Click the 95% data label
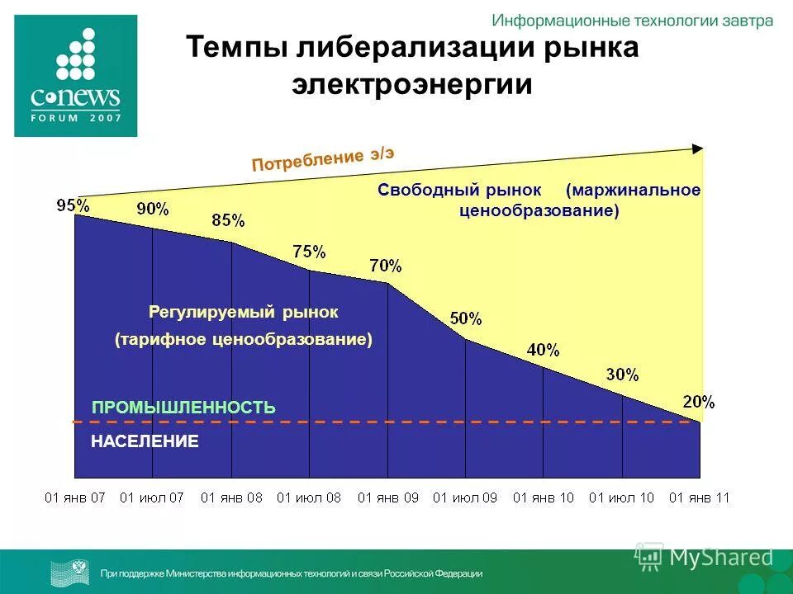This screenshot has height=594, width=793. pos(74,205)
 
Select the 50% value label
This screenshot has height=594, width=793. pos(466,318)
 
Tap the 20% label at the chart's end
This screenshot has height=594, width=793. pos(699,402)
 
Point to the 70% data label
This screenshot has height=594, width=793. pos(386,266)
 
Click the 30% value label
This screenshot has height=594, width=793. pos(622,375)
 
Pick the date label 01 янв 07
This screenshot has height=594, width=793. pos(74,497)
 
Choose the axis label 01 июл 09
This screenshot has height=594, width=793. pos(465,497)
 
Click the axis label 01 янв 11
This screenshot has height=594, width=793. pos(699,497)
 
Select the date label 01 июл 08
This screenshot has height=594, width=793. pos(308,497)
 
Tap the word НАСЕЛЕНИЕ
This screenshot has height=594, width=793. pos(145,442)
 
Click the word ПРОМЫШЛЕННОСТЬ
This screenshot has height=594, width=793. pos(183,408)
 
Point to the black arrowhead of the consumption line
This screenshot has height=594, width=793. pos(698,148)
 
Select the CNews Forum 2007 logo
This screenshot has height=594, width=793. pos(75,74)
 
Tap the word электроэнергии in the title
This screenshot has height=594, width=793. pos(411,85)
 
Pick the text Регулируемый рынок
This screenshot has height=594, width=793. pos(244,313)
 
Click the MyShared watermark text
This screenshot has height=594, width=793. pos(720,558)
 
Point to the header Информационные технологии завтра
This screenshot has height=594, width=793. pos(632,21)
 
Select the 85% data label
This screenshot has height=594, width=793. pos(228,220)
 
